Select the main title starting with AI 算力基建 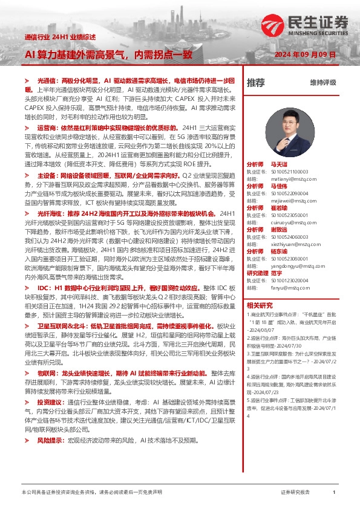pos(109,54)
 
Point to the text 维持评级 pos(322,82)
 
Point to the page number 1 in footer pos(334,493)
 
